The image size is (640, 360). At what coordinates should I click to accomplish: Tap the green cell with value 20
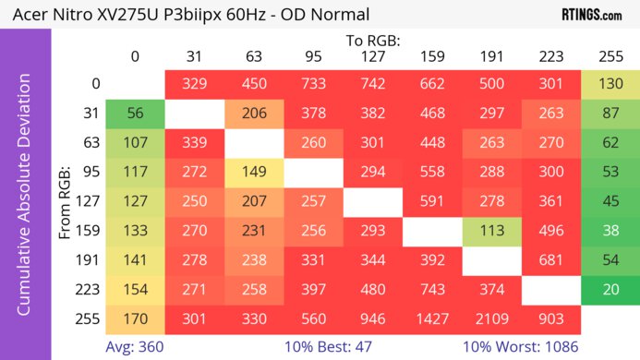click(610, 290)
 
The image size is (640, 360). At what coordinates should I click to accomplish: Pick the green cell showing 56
click(135, 113)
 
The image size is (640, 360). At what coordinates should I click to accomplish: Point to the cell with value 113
click(491, 231)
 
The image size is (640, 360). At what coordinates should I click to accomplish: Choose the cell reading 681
click(550, 260)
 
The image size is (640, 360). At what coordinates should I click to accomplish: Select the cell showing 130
click(610, 83)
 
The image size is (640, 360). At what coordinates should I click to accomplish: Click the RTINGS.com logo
click(592, 14)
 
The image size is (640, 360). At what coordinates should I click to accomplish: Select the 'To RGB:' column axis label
click(372, 41)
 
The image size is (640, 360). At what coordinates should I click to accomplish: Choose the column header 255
click(610, 56)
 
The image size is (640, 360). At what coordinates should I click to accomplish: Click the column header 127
click(372, 56)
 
